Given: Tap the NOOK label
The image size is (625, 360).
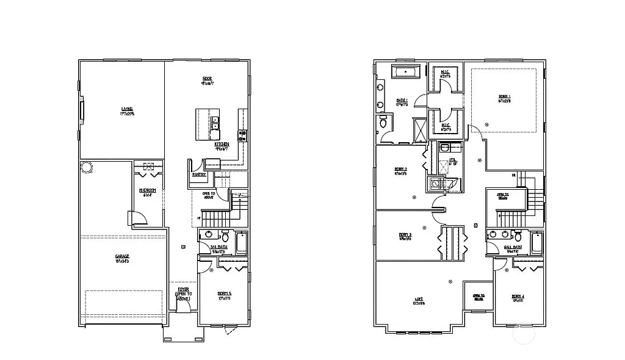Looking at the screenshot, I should (208, 78).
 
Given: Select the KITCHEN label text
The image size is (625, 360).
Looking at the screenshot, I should (222, 144).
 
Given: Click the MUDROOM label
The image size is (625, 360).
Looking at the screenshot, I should (148, 190).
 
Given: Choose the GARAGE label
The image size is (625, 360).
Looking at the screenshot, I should (122, 256).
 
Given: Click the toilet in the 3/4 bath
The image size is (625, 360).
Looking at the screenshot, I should (225, 236).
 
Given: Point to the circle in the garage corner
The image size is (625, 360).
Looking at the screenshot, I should (86, 167).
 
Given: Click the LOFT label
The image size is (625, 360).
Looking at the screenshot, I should (419, 299).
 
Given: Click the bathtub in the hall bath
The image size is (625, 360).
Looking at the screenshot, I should (536, 243).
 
